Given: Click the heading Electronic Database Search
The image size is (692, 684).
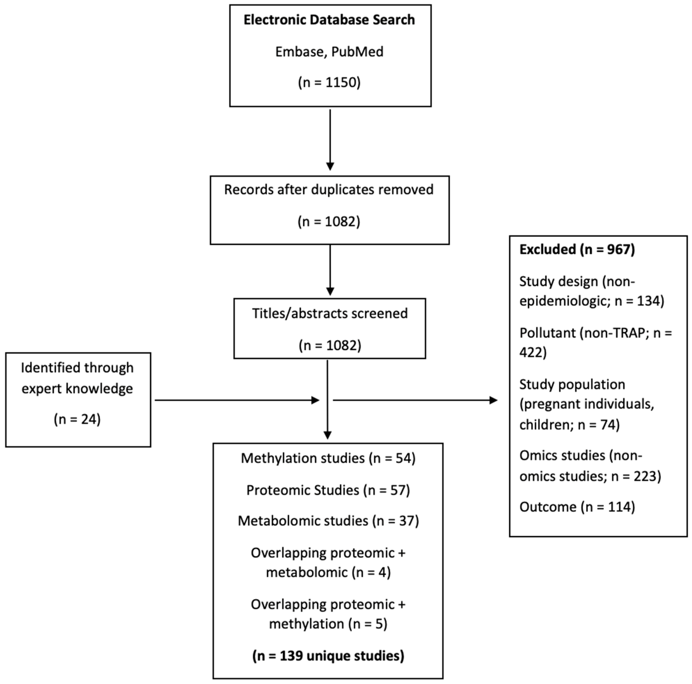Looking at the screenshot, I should (x=329, y=20).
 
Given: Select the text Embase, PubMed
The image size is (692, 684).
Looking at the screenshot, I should (x=329, y=52).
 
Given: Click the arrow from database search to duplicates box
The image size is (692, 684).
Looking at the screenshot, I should (x=330, y=140).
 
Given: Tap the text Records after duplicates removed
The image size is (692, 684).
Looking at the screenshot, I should (x=329, y=190).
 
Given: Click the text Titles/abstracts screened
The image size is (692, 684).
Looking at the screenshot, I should (x=330, y=313).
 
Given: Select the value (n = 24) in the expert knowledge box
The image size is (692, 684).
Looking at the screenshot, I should (x=77, y=419).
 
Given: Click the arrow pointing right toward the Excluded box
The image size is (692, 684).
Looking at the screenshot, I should (x=415, y=400).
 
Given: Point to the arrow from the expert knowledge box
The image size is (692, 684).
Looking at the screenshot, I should (x=236, y=400).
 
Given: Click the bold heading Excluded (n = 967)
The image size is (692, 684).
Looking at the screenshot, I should (x=577, y=250).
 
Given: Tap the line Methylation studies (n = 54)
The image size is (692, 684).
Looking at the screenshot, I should (x=328, y=458).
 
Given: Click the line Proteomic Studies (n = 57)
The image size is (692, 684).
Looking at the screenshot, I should (x=328, y=490).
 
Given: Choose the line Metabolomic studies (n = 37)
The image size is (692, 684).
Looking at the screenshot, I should (x=328, y=521).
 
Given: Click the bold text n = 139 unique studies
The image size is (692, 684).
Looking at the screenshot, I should (x=328, y=656).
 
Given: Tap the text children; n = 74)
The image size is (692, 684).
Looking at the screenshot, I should (x=569, y=425).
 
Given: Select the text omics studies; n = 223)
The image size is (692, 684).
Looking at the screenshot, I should (x=590, y=476).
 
